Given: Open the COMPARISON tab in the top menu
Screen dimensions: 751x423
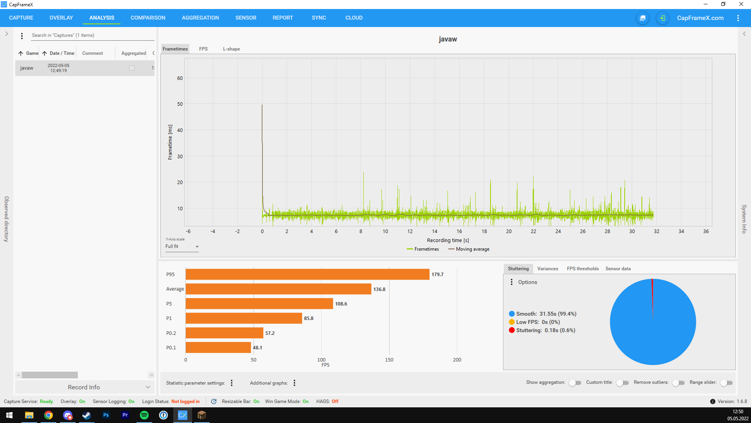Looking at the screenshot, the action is (148, 18).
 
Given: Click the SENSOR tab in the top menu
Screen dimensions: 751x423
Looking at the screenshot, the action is (246, 18).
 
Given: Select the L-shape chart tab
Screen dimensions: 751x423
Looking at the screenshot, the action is (232, 49).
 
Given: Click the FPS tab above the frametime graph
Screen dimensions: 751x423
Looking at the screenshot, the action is (203, 49).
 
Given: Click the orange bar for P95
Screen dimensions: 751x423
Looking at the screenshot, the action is (307, 274).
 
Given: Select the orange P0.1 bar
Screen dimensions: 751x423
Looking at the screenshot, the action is (218, 347).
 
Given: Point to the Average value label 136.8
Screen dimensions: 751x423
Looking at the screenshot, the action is (379, 289).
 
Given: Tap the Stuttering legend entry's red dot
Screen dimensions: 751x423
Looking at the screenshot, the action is (512, 330).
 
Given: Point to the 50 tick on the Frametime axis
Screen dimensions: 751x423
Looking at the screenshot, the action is (180, 104).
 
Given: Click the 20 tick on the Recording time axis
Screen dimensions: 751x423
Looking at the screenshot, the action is (509, 231).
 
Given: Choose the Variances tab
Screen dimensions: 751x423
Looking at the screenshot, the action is (548, 269).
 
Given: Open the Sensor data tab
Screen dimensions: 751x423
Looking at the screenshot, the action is (618, 269).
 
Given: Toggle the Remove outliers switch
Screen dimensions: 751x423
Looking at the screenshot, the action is (678, 383).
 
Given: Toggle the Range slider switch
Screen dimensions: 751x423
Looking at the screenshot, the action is (726, 383).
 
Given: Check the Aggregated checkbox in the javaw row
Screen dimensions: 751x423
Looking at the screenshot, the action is (132, 68).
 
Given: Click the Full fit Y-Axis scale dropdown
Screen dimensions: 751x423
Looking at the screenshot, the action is (182, 247).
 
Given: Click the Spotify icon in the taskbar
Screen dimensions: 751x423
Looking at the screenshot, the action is (144, 415).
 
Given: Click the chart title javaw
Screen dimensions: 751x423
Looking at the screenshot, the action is (448, 39).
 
